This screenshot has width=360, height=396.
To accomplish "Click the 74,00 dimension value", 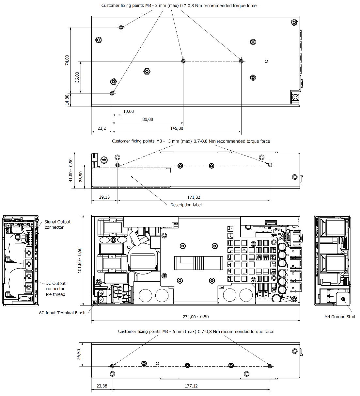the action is tap(67, 60).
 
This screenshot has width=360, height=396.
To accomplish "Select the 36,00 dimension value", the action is tap(77, 77).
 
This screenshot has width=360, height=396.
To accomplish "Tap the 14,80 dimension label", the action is tap(67, 100).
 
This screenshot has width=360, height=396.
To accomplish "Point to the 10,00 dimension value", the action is tap(128, 111).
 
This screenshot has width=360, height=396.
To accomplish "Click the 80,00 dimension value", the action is tap(148, 119).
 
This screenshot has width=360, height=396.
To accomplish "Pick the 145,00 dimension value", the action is tap(177, 128).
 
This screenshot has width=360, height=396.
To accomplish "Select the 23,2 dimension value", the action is tap(102, 128).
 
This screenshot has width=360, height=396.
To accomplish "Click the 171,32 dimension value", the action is tap(194, 197).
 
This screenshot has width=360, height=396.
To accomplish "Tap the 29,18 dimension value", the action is tap(104, 197).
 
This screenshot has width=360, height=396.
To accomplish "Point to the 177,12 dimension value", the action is tap(191, 386).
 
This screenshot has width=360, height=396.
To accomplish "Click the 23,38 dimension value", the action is tap(102, 386).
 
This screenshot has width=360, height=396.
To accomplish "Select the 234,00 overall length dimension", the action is tap(196, 317).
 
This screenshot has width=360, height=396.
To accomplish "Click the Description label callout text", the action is tap(186, 205).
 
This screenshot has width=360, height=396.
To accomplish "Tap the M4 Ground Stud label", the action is tap(339, 317).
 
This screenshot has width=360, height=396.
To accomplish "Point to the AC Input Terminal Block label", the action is tap(62, 313).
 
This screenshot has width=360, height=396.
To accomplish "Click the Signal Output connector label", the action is tap(57, 224).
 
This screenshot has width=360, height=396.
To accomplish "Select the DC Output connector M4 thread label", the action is tap(55, 289).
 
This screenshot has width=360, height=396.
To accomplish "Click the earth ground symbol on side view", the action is tap(104, 160).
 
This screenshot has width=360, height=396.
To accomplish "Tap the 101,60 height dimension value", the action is tap(80, 260).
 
